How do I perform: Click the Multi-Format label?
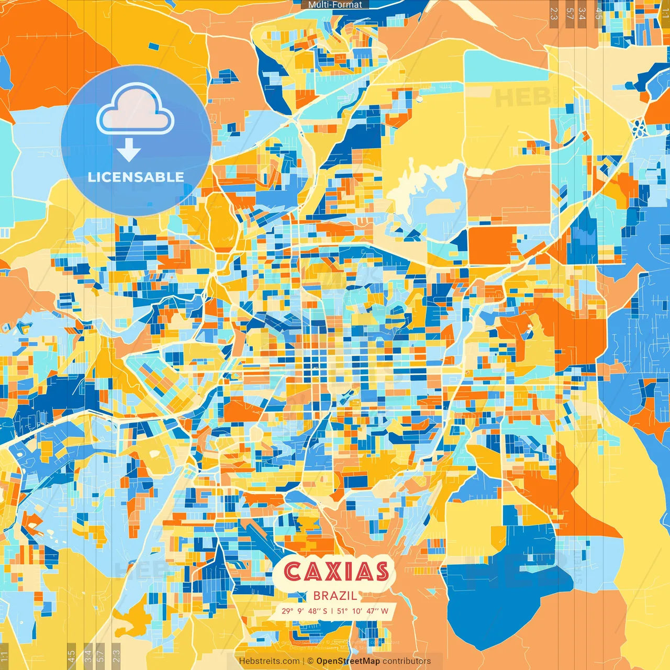[335, 5]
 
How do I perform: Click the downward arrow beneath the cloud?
[129, 150]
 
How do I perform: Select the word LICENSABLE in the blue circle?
[136, 177]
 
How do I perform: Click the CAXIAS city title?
[337, 572]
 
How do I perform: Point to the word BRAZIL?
[336, 596]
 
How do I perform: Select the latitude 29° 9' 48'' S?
[304, 611]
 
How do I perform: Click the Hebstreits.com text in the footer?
[269, 661]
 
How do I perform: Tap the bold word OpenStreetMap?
[348, 661]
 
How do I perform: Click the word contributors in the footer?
[407, 661]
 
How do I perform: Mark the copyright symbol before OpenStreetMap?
[310, 661]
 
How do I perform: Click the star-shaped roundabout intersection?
[639, 128]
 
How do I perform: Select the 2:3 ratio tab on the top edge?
[554, 14]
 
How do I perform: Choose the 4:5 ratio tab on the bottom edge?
[72, 656]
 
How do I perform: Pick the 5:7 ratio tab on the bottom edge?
[100, 656]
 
